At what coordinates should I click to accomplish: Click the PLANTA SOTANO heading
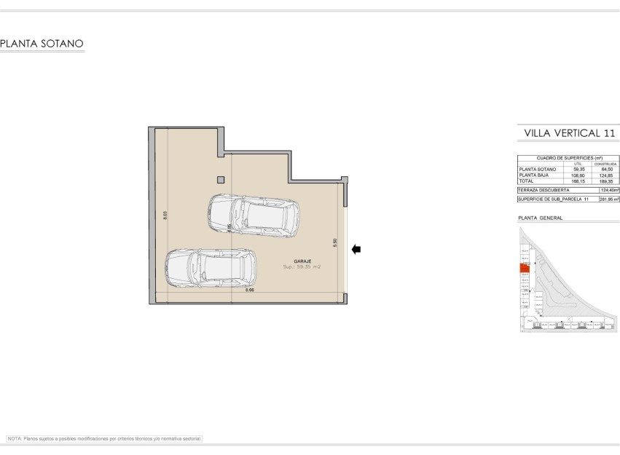tap(42, 44)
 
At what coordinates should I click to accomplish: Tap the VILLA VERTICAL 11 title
tap(568, 133)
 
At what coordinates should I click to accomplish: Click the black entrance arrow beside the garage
tap(356, 250)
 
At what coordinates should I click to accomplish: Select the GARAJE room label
tap(302, 261)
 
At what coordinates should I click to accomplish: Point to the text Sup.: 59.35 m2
tap(302, 267)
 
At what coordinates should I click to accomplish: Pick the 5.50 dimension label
tap(334, 242)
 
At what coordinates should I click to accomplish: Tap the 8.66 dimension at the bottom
tap(250, 290)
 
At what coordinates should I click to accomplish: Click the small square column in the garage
tap(221, 180)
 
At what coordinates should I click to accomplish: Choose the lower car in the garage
tap(211, 268)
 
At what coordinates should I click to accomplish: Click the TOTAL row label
tap(526, 181)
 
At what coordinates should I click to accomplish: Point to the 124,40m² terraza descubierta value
tap(608, 190)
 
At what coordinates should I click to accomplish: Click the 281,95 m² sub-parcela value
tap(608, 199)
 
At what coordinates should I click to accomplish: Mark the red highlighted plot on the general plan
tap(524, 268)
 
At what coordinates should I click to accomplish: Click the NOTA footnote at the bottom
tap(104, 439)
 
